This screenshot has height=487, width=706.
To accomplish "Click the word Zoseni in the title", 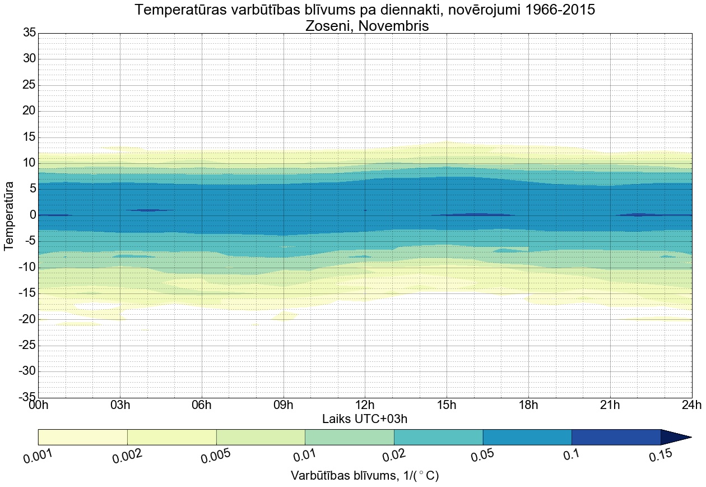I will click(331, 25).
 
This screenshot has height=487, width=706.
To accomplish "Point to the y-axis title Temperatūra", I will click(9, 215).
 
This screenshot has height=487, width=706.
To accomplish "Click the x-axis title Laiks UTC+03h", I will click(365, 419).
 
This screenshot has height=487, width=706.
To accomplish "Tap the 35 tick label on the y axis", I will click(29, 33).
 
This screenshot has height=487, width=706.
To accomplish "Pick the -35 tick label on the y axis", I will click(27, 398).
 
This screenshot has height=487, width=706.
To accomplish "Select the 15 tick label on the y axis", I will click(29, 137).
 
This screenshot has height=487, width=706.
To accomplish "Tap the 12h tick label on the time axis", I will click(365, 406).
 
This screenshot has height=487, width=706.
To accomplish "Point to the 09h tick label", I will click(284, 406).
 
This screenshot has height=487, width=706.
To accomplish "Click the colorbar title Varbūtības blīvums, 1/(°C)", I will click(365, 476).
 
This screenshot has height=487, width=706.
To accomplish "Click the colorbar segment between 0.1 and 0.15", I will click(616, 437).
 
